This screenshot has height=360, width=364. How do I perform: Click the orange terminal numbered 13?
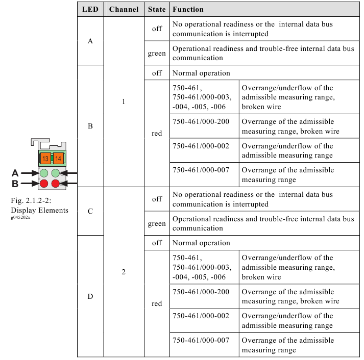(45, 159)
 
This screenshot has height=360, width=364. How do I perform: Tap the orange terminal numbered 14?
(58, 159)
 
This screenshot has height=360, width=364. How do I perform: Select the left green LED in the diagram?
(44, 173)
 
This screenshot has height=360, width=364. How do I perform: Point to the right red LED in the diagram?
(56, 184)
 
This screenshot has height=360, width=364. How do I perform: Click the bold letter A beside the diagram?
(15, 173)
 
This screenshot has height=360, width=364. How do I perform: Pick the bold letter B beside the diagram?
(15, 184)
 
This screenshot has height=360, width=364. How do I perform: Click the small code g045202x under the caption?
(20, 217)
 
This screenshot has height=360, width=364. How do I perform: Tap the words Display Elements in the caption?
(39, 210)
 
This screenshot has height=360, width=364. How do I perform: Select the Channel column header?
(124, 9)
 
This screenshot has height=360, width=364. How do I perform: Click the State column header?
(157, 9)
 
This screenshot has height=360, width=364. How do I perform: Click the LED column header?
(90, 9)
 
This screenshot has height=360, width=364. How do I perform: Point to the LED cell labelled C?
(90, 211)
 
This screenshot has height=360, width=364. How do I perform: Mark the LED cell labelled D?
(90, 296)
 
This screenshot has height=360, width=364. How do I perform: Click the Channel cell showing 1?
(124, 101)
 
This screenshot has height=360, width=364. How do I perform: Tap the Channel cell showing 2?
(124, 272)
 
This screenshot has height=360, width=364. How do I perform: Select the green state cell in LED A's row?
(157, 54)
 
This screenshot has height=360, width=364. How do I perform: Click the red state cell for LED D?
(157, 303)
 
